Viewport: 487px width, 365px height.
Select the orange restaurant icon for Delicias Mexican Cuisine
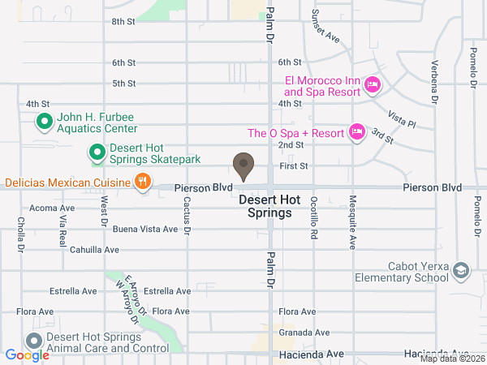tap(142, 182)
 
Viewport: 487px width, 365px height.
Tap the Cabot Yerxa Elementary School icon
tap(461, 270)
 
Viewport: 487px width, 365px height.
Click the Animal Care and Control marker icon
tap(34, 341)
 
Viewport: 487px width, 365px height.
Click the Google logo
tap(27, 355)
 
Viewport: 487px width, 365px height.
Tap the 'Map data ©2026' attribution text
tap(451, 359)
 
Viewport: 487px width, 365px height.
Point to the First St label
tap(295, 165)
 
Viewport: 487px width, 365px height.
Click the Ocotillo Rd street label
tap(313, 221)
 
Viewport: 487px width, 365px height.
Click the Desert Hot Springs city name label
tap(265, 206)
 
